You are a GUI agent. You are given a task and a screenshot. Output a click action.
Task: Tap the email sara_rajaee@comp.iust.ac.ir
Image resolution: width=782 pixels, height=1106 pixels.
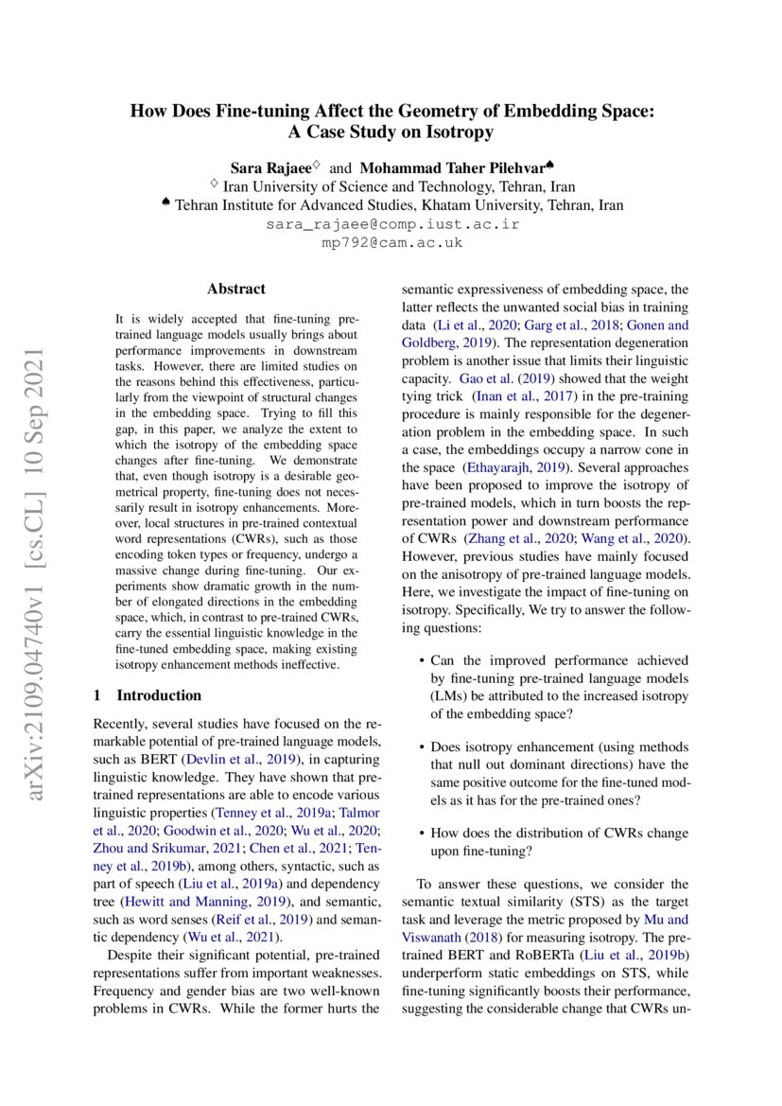391,225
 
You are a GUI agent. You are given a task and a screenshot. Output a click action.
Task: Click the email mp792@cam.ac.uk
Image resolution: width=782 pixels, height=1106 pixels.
391,243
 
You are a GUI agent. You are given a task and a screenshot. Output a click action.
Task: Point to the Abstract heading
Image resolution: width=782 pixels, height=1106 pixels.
236,289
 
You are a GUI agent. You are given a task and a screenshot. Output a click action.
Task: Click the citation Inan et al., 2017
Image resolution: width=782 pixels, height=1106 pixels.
514,396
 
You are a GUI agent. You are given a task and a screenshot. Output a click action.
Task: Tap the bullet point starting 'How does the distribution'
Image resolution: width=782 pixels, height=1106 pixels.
559,843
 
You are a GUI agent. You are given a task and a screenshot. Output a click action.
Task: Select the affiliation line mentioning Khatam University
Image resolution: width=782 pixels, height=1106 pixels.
391,205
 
